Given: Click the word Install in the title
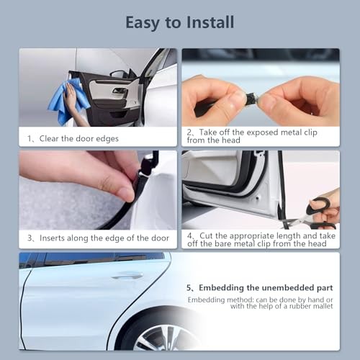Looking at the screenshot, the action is pyautogui.click(x=210, y=22).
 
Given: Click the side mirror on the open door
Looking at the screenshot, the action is pyautogui.click(x=119, y=73).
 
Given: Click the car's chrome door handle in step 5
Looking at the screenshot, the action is pyautogui.click(x=127, y=275).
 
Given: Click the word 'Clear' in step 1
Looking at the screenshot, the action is pyautogui.click(x=49, y=138).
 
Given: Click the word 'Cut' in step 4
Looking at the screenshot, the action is pyautogui.click(x=206, y=235).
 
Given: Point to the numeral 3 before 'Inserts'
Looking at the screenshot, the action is pyautogui.click(x=30, y=238).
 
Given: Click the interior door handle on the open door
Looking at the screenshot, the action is pyautogui.click(x=120, y=91).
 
